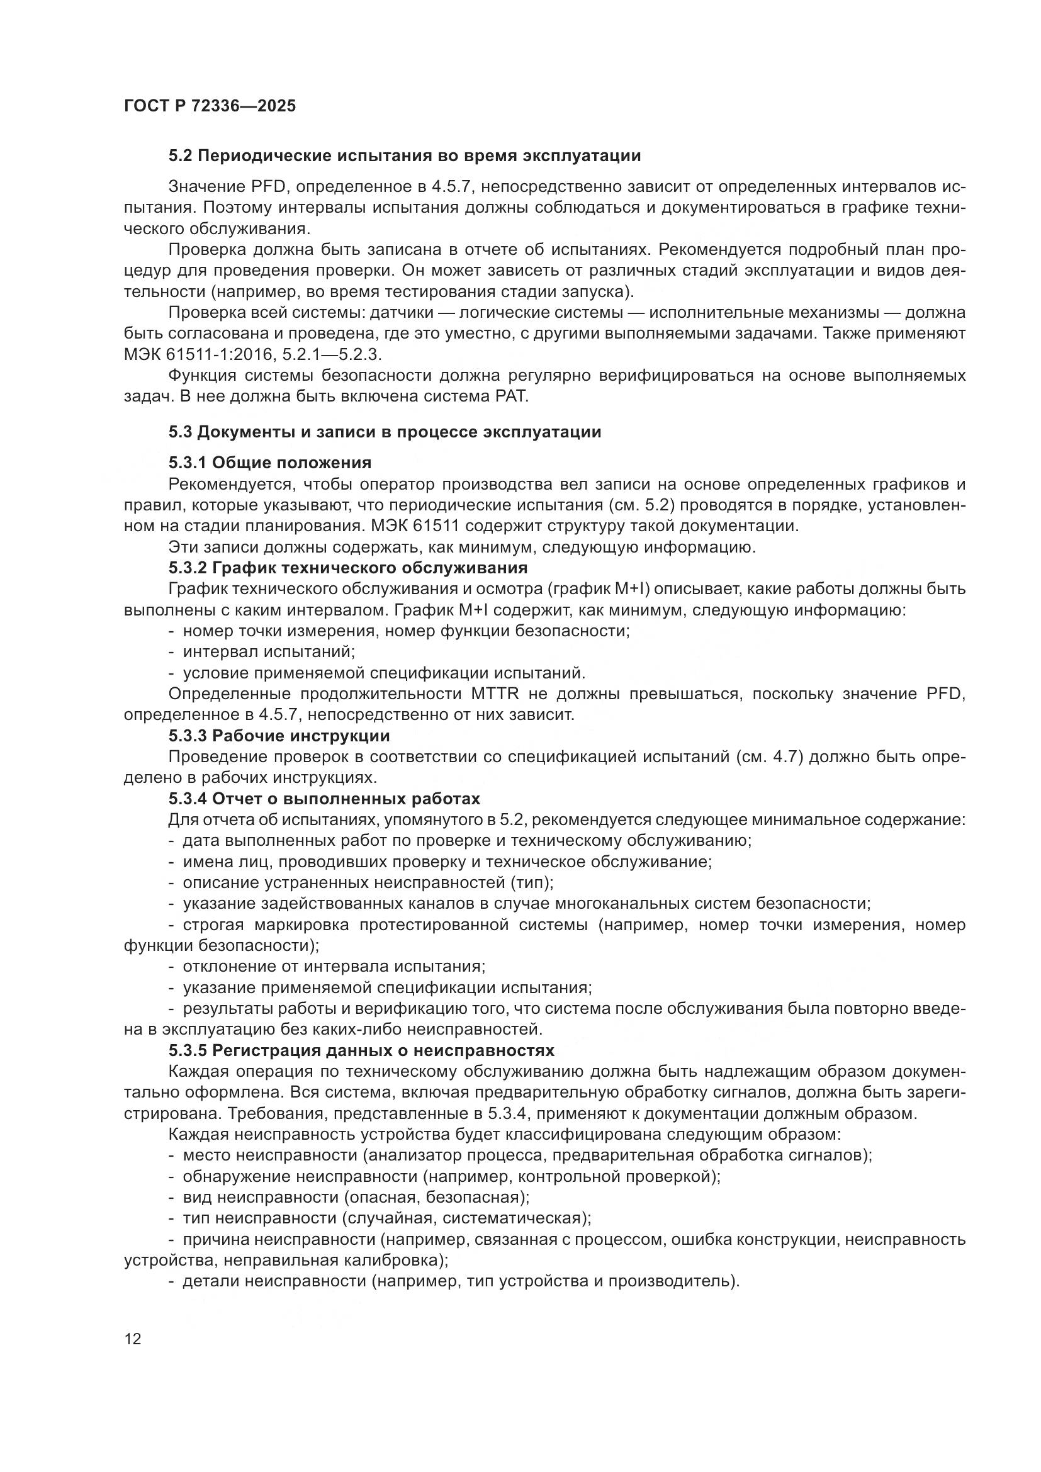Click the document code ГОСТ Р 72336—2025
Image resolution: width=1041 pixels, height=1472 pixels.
tap(210, 106)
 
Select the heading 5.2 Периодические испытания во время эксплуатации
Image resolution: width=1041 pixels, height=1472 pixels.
tap(405, 156)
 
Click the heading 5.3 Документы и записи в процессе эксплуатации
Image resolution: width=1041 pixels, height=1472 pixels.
tap(385, 432)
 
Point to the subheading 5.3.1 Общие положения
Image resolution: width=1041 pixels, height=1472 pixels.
tap(270, 463)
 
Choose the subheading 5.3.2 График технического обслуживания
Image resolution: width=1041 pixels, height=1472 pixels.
tap(348, 568)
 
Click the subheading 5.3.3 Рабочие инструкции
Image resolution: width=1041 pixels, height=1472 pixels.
tap(279, 735)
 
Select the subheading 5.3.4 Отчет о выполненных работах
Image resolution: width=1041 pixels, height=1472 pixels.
tap(324, 799)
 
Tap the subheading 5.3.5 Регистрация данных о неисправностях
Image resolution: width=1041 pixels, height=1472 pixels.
tap(361, 1051)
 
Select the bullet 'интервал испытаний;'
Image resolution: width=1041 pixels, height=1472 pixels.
tap(269, 651)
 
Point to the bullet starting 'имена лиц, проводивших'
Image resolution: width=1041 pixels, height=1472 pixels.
tap(447, 862)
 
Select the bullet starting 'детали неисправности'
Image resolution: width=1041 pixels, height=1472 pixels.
tap(461, 1281)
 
